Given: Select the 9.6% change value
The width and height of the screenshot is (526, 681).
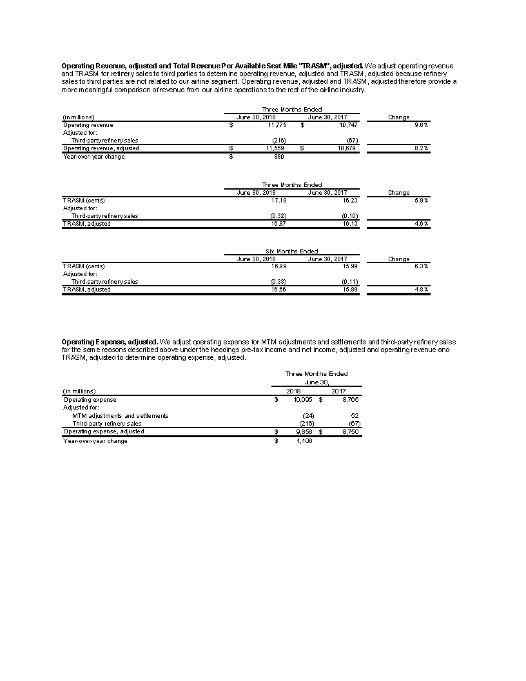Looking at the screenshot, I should click(422, 125).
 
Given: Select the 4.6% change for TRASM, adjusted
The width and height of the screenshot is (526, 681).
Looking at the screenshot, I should click(422, 224).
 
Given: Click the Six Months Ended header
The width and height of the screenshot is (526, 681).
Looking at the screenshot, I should click(292, 252).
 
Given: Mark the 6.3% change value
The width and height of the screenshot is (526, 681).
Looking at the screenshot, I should click(422, 266).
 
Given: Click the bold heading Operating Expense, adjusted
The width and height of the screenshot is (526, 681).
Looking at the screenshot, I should click(109, 341).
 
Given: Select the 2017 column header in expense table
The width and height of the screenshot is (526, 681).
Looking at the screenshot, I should click(338, 391).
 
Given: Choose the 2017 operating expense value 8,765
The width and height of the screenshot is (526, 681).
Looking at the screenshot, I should click(349, 400).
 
